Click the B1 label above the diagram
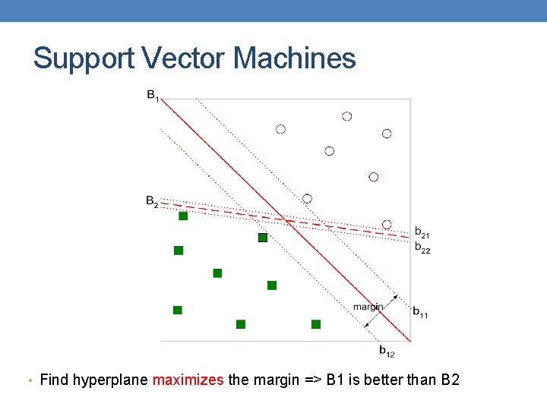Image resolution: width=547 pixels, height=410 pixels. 153,96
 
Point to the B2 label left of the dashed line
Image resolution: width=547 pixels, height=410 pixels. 153,202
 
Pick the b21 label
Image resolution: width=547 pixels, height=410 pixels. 422,232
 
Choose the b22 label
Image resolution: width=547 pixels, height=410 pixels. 422,248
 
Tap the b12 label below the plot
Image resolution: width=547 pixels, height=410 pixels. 387,351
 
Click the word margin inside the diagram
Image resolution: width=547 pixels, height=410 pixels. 368,307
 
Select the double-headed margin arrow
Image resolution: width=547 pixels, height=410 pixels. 381,311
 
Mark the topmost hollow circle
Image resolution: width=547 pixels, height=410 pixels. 347,116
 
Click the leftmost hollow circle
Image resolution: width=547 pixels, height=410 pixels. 280,130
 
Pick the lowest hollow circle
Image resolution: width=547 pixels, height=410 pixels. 387,225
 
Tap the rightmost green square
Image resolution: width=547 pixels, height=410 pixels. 316,324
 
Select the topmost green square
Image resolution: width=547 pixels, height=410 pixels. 183,216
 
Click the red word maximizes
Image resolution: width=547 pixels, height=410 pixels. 188,380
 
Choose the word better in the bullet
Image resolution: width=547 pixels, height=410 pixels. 388,380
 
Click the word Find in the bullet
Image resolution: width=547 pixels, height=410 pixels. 54,380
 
